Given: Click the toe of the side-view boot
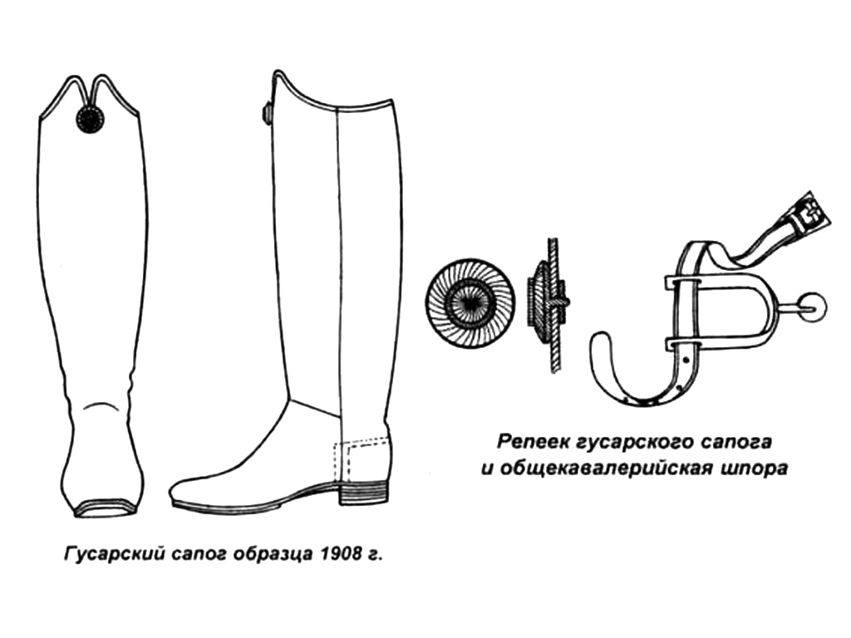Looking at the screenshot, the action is [184, 493].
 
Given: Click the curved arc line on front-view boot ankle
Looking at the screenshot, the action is [103, 405].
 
